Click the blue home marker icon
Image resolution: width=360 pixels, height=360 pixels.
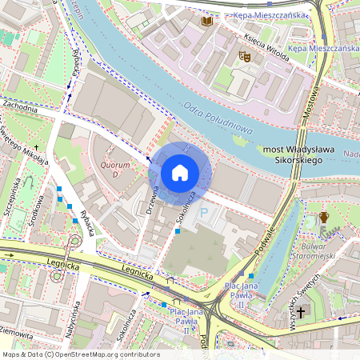pos(180,172)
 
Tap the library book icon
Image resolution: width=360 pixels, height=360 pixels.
pos(207,21)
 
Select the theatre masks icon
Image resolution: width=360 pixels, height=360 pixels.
pos(244,56)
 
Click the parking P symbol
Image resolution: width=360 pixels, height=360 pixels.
pos(203,214)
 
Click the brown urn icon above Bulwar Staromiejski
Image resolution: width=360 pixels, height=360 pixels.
pos(324,217)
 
